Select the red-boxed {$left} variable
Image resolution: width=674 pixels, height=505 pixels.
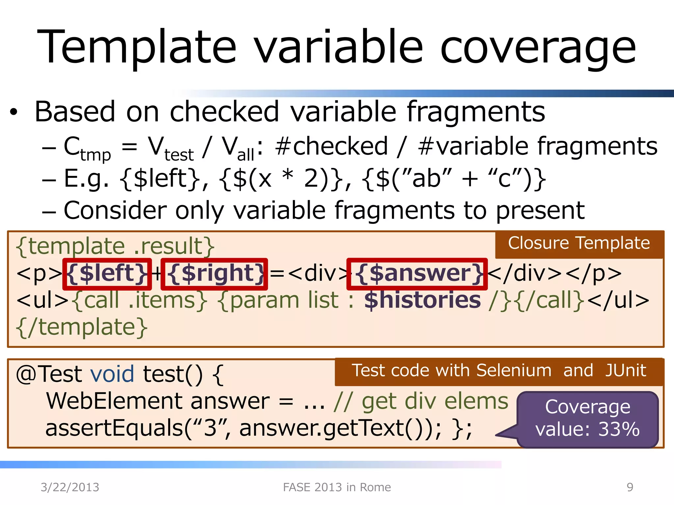point(107,274)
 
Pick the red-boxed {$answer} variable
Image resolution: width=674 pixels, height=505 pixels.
point(417,274)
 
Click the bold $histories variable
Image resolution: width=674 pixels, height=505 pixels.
point(423,300)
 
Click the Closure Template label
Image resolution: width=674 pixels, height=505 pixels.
point(579,244)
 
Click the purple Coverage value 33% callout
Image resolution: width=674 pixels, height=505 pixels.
point(587,418)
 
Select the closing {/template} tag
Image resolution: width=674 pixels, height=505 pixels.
point(82,327)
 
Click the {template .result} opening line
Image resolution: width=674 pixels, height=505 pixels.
point(115,246)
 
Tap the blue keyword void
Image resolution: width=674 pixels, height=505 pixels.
point(112,374)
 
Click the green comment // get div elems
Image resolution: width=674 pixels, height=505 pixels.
point(421,401)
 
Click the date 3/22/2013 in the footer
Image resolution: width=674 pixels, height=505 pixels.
point(70,487)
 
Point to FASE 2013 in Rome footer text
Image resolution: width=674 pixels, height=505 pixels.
point(337,487)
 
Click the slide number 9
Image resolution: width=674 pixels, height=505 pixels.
point(630,487)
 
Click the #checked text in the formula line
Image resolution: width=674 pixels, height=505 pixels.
point(331,146)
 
